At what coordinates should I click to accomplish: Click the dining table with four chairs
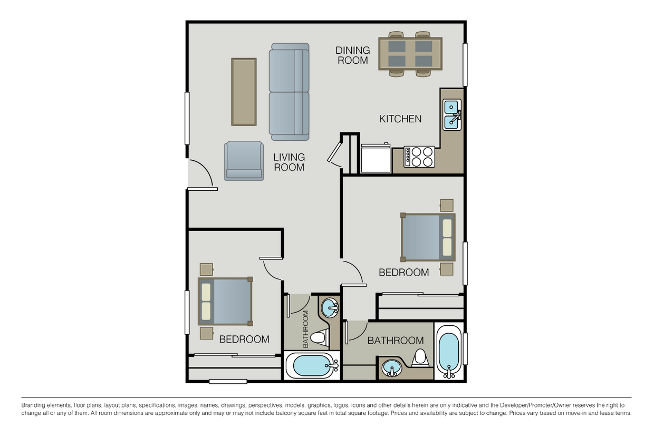(410, 54)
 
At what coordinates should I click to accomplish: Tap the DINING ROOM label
(353, 55)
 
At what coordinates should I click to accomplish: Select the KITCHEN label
(400, 119)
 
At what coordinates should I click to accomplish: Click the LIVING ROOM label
(289, 162)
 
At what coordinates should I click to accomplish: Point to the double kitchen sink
(452, 115)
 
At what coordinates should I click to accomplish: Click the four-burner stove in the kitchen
(419, 157)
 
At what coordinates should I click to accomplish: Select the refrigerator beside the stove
(375, 158)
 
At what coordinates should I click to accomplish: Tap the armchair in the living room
(244, 161)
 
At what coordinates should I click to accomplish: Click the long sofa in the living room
(289, 92)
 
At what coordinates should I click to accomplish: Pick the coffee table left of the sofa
(244, 92)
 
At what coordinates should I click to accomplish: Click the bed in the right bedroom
(428, 237)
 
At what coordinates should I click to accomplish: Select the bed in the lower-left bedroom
(225, 302)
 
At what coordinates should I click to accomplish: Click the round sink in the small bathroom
(330, 307)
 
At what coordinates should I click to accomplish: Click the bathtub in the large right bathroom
(449, 351)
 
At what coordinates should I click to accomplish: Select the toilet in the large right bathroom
(420, 357)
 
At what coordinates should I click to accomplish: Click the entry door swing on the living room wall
(201, 173)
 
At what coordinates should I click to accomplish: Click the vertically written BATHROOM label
(306, 329)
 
